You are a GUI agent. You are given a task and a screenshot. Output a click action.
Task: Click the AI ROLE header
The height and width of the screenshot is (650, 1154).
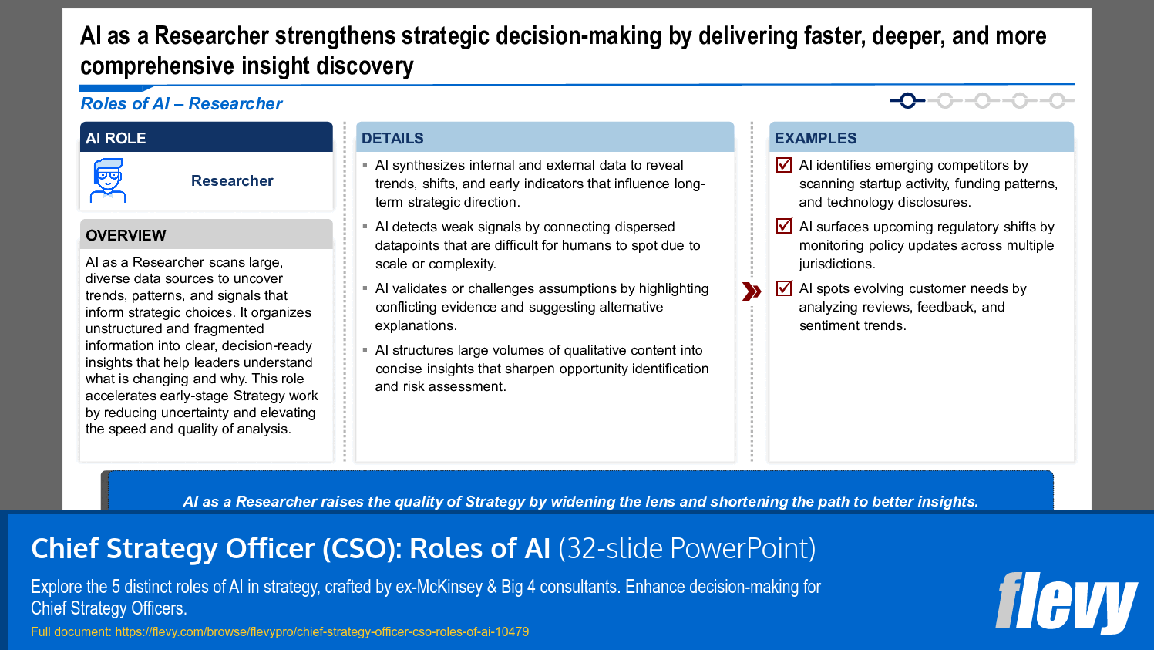tap(116, 138)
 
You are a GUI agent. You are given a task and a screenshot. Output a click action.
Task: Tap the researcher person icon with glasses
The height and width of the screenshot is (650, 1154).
tap(108, 180)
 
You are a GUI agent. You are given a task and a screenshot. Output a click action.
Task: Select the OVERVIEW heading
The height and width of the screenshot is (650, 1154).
tap(126, 235)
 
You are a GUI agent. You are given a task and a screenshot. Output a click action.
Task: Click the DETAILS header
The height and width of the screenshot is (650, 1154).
tap(392, 138)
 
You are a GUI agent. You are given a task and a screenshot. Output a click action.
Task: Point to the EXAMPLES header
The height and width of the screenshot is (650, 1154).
tap(816, 138)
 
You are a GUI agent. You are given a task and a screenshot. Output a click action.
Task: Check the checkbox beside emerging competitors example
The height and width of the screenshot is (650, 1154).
tap(784, 164)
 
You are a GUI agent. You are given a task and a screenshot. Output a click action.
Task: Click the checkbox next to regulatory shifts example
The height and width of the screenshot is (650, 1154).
tap(784, 226)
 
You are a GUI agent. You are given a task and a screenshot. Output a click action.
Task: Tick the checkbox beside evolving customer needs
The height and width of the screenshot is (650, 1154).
tap(784, 288)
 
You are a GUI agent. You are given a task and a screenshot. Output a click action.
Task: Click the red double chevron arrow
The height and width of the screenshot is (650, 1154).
tap(752, 291)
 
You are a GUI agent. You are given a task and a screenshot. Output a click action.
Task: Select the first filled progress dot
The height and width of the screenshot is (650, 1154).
tap(907, 100)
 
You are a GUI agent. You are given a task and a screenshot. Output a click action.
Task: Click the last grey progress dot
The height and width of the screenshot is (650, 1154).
tap(1057, 100)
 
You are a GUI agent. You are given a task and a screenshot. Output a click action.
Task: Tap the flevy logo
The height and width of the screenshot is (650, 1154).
tap(1066, 602)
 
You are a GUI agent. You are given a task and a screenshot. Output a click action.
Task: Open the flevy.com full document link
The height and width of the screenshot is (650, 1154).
tap(321, 631)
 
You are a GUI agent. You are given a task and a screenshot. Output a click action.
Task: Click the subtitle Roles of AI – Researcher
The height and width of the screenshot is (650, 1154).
tap(181, 104)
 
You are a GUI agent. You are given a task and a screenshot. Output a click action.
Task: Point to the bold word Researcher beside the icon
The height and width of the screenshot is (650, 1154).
tap(232, 180)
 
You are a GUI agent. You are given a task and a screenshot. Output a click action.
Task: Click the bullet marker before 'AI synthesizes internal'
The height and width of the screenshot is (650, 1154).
tap(365, 164)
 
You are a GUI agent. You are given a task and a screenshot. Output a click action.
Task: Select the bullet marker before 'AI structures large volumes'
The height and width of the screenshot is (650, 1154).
tap(365, 349)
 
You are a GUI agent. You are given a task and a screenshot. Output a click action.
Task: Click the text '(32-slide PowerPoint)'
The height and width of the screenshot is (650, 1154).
tap(687, 548)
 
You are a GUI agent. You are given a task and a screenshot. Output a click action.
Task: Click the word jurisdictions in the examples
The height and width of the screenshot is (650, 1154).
tap(836, 264)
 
